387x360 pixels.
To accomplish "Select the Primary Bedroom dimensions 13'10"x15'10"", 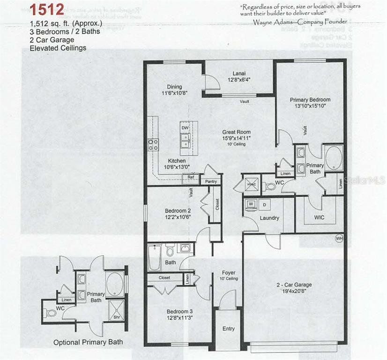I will [x=310, y=106].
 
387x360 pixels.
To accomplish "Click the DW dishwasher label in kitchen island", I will [x=185, y=127].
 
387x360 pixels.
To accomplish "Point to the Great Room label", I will [x=236, y=132].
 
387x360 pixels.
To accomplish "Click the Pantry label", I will [x=211, y=181].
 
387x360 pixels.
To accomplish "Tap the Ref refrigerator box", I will [x=191, y=177].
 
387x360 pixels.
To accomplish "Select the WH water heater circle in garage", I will [x=339, y=239].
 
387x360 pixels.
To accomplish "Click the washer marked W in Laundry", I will [x=251, y=204].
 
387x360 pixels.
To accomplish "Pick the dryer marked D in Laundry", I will [x=263, y=204].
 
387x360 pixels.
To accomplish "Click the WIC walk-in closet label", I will [x=319, y=217].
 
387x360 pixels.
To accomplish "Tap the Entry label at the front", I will [x=228, y=329].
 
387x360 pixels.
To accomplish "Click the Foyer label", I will [x=229, y=273].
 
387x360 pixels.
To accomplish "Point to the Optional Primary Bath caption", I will [x=88, y=342].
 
